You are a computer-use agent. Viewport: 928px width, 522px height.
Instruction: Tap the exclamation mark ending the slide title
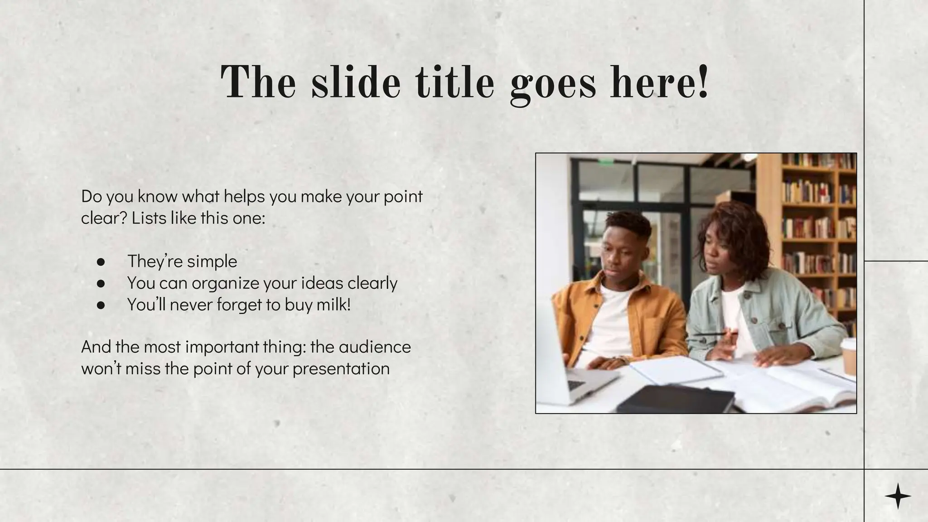[703, 82]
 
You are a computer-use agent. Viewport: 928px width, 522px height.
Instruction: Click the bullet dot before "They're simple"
[101, 262]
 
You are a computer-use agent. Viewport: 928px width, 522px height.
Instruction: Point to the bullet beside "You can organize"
[101, 284]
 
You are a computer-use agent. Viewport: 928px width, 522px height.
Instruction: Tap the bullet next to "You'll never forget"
[101, 305]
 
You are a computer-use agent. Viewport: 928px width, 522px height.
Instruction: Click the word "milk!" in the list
[333, 304]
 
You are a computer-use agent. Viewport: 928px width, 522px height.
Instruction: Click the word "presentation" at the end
[341, 369]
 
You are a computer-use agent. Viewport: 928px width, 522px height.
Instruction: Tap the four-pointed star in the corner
[898, 496]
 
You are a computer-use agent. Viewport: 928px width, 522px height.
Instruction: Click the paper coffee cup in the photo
[849, 356]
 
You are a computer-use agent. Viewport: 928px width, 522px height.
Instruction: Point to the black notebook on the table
[675, 399]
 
